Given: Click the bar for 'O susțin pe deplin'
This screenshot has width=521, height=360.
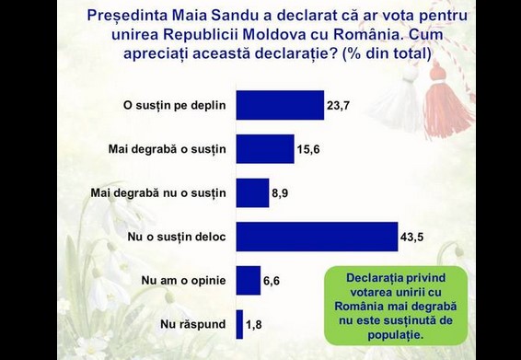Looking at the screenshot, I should point(280,105).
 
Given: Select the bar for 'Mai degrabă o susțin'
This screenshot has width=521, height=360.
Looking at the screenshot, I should point(265,148).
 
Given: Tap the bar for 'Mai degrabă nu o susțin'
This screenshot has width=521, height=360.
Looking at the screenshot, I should point(252,192).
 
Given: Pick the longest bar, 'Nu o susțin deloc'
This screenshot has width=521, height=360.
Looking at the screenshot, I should point(317,237).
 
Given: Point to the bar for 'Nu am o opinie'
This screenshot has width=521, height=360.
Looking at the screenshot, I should point(249,280).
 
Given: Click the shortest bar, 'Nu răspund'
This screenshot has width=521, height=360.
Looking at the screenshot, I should point(239,323).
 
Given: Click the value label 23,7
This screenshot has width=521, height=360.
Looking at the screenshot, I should point(338,106).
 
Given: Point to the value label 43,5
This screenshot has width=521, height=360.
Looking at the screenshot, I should point(411,238).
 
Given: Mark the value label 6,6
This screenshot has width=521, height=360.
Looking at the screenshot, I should point(272,281).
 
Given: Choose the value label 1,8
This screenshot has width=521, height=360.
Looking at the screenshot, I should point(254,324).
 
